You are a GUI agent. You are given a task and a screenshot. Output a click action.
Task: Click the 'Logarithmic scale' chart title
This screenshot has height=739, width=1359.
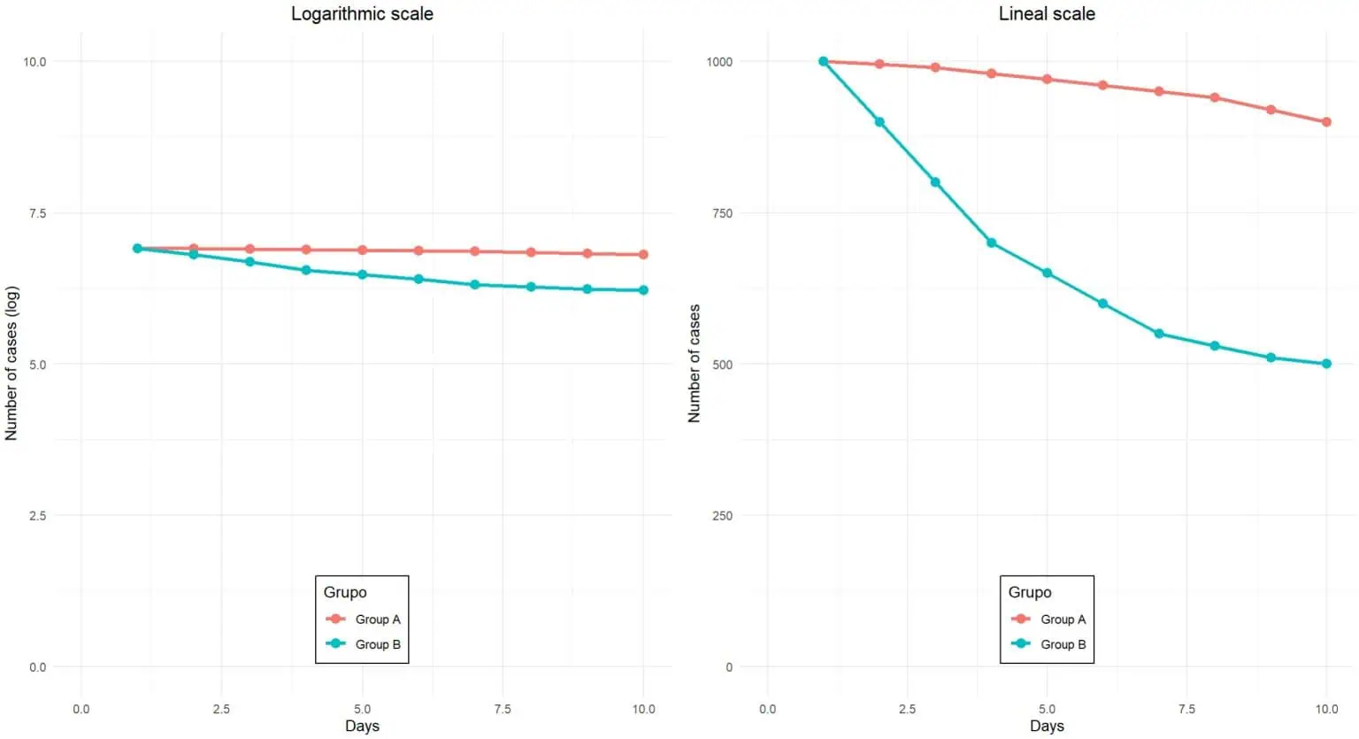pos(362,14)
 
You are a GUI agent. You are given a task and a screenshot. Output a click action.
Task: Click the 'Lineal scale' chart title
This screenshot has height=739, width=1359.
pos(1047,14)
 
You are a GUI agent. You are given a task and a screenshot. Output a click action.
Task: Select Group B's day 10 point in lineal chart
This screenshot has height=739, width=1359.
pos(1326,364)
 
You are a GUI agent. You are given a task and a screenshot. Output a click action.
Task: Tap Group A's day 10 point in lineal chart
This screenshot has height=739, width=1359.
pos(1326,122)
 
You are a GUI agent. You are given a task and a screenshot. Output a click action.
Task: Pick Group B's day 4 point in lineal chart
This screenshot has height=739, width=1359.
pos(991,242)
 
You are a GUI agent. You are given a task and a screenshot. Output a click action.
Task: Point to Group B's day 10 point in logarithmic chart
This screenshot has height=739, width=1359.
pos(643,290)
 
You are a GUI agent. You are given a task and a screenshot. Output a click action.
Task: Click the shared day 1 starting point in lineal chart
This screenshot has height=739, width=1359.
pos(823,62)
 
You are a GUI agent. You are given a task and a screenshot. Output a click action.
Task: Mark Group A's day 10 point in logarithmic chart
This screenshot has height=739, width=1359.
pos(643,255)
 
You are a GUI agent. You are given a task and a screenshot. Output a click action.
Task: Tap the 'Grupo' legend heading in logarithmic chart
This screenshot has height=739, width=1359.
pos(345,592)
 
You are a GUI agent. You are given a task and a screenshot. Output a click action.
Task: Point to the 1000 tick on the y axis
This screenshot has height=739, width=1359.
pos(719,62)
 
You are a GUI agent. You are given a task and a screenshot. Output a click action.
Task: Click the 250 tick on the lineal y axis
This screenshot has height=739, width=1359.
pos(722,516)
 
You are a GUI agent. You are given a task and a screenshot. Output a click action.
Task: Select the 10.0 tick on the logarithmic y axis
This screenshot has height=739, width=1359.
pos(35,62)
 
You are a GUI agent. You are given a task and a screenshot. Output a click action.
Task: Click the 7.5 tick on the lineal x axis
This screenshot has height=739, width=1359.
pos(1186,709)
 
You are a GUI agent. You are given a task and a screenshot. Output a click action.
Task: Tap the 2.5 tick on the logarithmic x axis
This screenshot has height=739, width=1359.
pos(221,709)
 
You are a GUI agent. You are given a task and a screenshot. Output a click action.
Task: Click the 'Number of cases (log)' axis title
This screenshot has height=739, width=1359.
pos(12,364)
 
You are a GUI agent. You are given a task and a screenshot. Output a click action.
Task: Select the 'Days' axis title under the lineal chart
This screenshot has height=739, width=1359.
pos(1047,727)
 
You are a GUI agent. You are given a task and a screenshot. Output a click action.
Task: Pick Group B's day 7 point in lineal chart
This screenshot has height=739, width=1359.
pos(1159,334)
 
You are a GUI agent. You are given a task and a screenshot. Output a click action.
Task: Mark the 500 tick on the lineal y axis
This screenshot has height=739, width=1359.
pos(722,365)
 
